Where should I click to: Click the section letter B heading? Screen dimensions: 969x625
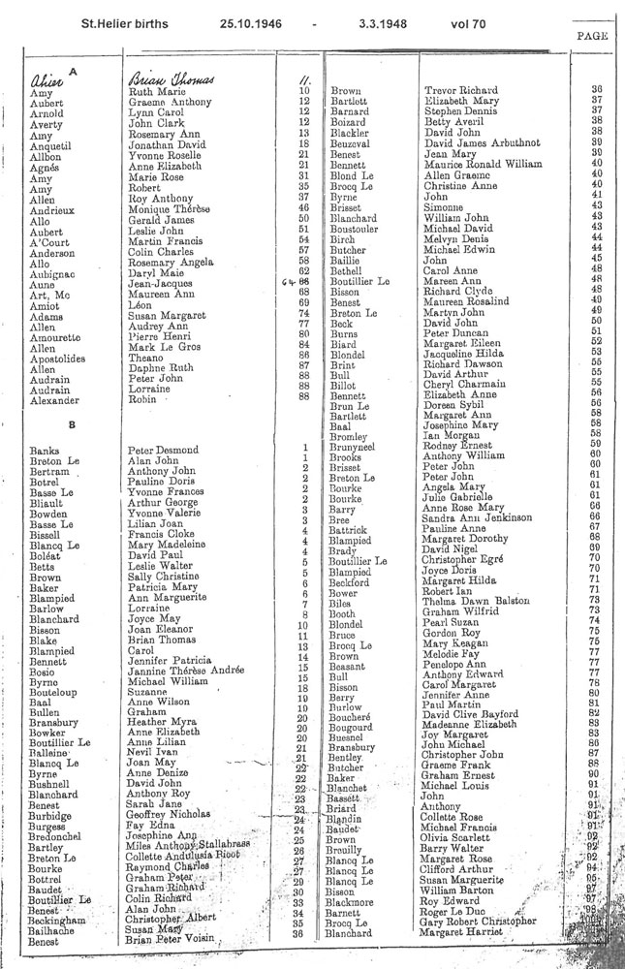(x=71, y=424)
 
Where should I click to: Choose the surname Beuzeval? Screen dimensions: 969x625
(x=354, y=143)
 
